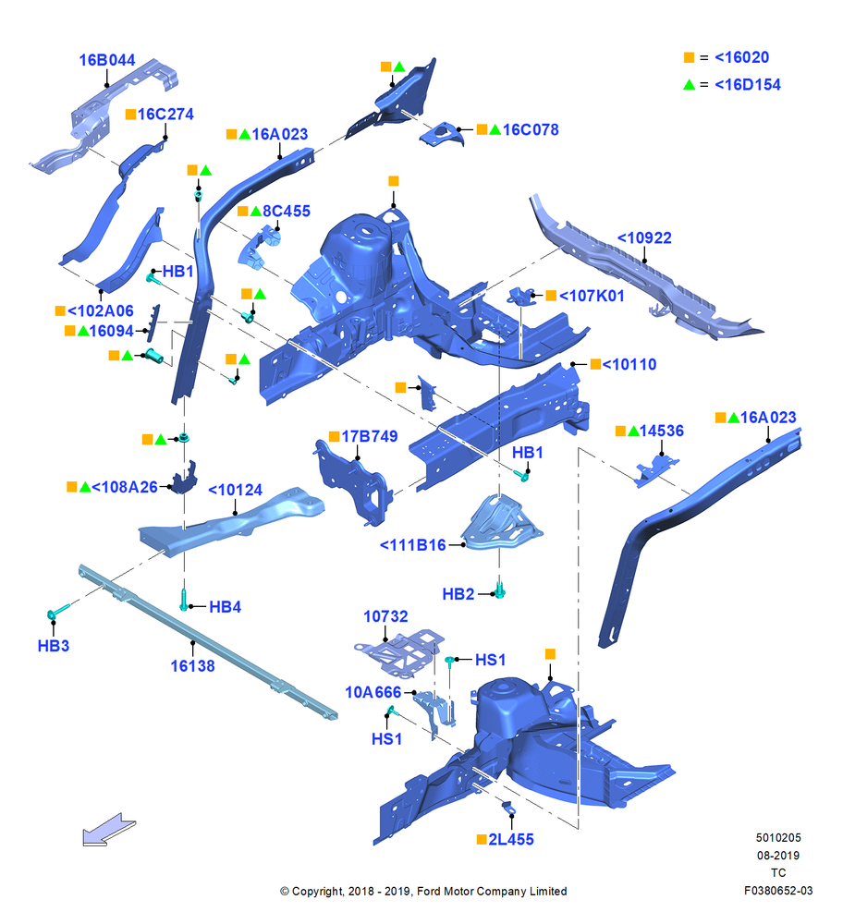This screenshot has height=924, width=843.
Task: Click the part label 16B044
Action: coord(106,60)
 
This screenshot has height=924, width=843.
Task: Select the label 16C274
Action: coord(165,115)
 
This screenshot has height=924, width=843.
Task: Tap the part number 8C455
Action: coord(287,211)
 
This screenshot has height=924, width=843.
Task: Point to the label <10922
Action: coord(644,238)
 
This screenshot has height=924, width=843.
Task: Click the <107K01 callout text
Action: coord(592,296)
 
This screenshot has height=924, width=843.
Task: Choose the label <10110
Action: coord(629,365)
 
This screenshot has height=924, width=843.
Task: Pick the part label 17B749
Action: coord(370,437)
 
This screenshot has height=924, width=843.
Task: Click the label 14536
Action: coord(662,432)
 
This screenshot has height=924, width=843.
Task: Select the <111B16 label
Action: coord(412,546)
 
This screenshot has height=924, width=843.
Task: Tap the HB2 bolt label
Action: coord(458,594)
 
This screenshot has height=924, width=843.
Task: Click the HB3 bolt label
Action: coord(54,647)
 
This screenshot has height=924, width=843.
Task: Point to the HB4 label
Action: coord(226,607)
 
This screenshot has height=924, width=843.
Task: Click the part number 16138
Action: coord(193,666)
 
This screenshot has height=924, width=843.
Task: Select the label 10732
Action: coord(385,617)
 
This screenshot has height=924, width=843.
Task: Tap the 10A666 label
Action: coord(373,692)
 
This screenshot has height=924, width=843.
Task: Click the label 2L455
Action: coord(511,840)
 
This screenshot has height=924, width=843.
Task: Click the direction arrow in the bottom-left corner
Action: coord(109,830)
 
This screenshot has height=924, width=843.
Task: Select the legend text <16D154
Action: coord(748,85)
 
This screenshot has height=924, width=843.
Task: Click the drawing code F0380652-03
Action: coord(778,891)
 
